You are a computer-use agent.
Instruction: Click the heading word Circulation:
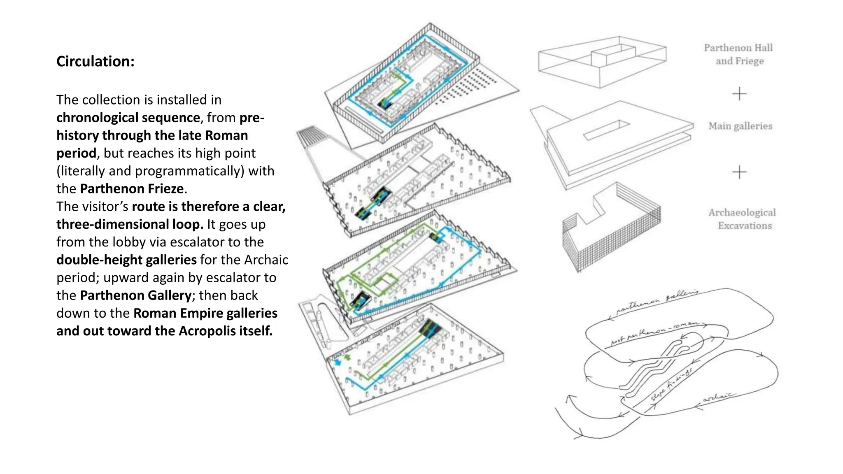(95, 62)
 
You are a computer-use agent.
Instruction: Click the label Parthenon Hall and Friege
(739, 54)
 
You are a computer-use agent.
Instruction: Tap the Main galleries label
(740, 126)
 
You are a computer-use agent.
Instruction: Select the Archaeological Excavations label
(742, 219)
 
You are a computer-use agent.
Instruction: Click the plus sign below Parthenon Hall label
(739, 94)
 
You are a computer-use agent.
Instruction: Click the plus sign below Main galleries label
(739, 172)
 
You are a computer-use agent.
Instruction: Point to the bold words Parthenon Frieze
(132, 189)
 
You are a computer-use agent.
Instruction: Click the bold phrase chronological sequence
(128, 118)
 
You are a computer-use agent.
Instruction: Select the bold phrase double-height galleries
(126, 260)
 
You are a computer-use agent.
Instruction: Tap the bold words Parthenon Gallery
(136, 295)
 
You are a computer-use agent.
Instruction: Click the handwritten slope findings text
(671, 384)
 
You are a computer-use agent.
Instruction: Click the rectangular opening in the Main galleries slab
(607, 130)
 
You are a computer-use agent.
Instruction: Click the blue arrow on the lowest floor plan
(338, 362)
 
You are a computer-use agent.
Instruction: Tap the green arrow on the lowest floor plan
(348, 357)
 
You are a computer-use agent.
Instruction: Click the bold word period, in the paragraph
(77, 153)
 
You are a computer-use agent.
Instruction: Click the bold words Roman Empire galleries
(205, 313)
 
